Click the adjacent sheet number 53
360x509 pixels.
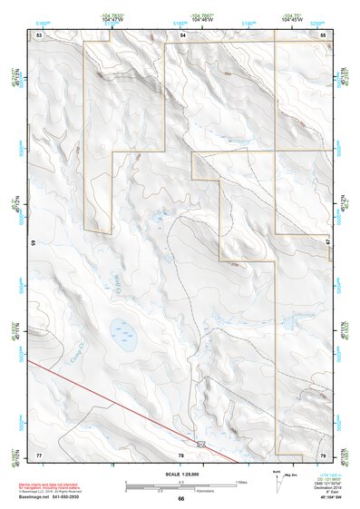pos(39,34)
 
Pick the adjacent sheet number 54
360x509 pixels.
pos(182,34)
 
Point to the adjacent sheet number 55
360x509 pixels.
pos(323,34)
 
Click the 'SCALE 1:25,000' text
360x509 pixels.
pos(180,474)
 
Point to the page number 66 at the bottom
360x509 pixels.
pos(180,498)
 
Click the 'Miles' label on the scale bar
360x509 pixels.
pos(241,481)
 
